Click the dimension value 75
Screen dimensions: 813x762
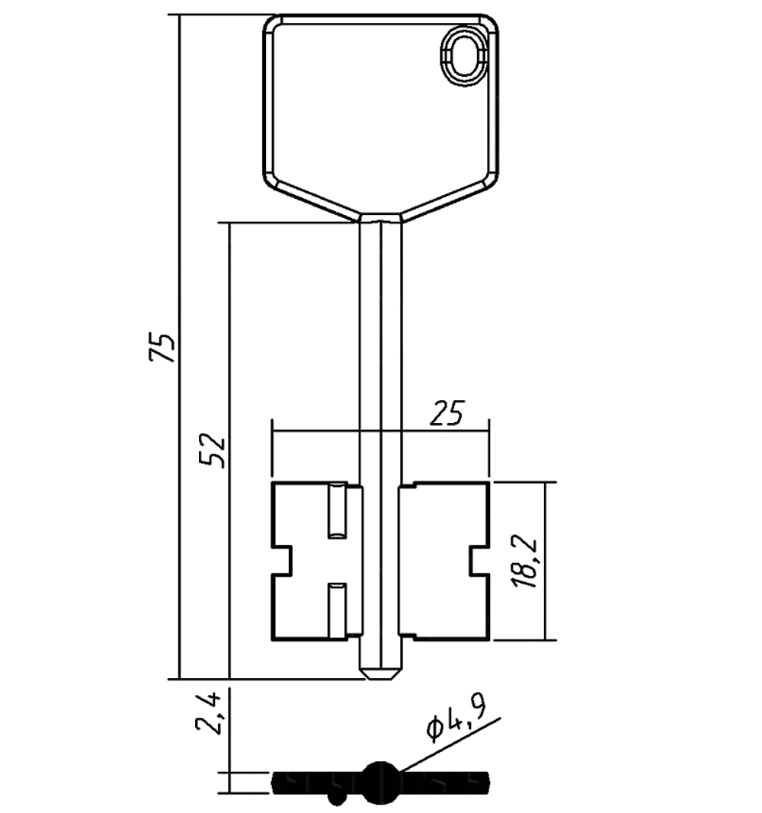pos(165,347)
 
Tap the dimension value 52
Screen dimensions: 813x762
pos(213,450)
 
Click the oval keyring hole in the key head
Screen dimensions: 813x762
pos(466,53)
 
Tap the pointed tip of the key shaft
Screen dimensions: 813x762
pos(380,674)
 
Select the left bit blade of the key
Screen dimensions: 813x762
pos(305,560)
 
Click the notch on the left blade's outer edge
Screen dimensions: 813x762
pos(283,560)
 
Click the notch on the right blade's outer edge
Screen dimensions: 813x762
pos(479,560)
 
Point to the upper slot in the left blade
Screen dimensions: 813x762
pos(336,511)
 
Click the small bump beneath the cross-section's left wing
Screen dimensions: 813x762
pos(335,797)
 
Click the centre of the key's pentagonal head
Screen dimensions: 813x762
pos(381,107)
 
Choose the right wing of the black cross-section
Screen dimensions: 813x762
pos(446,781)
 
